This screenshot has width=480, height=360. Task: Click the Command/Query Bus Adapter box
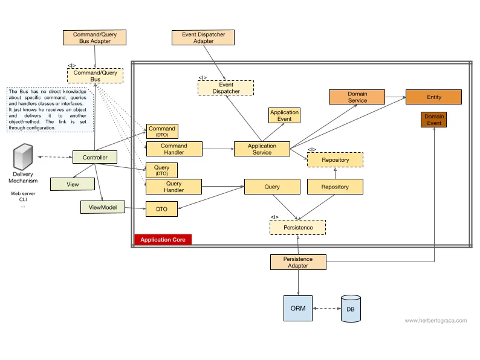[x=94, y=37]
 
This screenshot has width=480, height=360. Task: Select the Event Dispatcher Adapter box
[x=203, y=37]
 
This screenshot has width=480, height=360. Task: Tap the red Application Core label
[x=163, y=239]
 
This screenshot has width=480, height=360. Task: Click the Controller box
[x=94, y=157]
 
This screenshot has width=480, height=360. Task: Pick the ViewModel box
[x=103, y=207]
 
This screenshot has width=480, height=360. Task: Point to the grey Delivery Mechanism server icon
[x=23, y=156]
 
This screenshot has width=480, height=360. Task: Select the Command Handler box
[x=174, y=149]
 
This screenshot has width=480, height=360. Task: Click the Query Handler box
[x=174, y=187]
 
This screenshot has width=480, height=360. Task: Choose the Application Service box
[x=262, y=149]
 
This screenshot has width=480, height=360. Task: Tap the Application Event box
[x=284, y=115]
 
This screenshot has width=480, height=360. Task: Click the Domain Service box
[x=357, y=97]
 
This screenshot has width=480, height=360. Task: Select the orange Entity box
[x=434, y=97]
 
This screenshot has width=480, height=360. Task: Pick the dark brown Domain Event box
[x=434, y=120]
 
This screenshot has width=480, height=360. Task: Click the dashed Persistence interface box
[x=297, y=228]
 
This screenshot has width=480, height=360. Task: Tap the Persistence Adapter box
[x=298, y=262]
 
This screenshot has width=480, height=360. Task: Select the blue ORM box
[x=298, y=308]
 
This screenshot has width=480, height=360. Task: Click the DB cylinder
[x=351, y=309]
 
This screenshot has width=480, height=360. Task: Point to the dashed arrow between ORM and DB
[x=326, y=308]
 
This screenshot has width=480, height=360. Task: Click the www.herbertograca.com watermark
[x=436, y=321]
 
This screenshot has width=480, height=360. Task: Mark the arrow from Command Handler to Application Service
[x=218, y=149]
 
